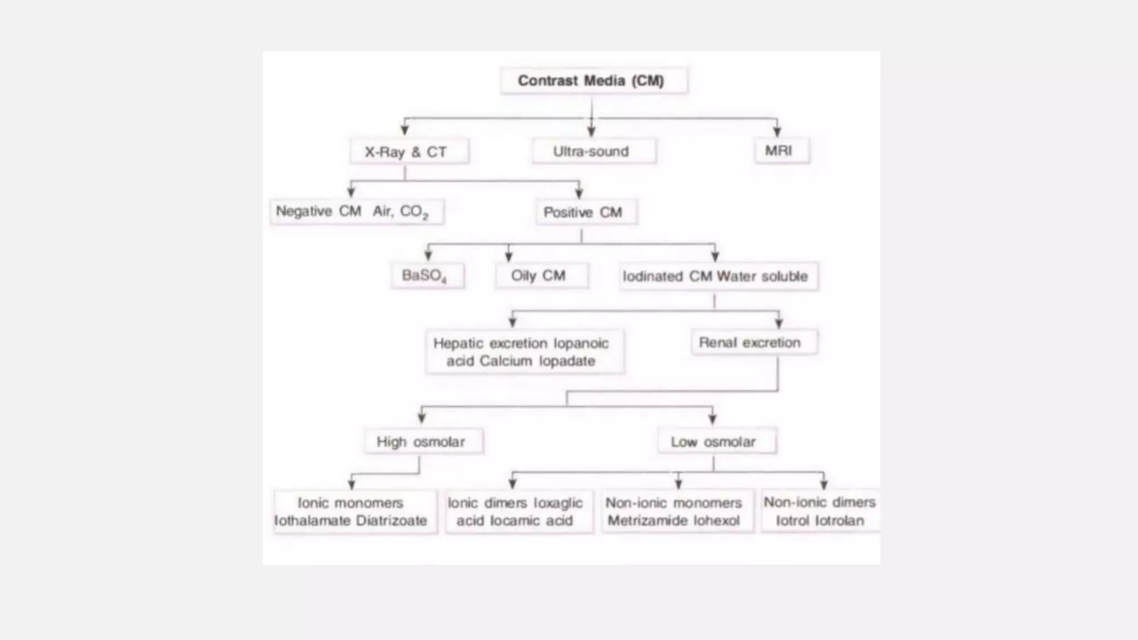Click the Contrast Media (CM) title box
[x=593, y=81]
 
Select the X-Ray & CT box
[x=409, y=151]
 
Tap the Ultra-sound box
[x=593, y=151]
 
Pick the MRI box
[x=781, y=151]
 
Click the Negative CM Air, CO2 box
[x=357, y=212]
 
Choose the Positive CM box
[x=586, y=212]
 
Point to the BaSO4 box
[x=427, y=276]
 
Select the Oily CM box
[x=541, y=276]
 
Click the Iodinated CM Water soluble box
[x=718, y=276]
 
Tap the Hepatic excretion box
[x=524, y=352]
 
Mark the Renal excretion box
[x=753, y=342]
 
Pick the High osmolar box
[x=423, y=442]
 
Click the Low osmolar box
[x=716, y=442]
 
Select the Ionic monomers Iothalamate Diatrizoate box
[x=355, y=512]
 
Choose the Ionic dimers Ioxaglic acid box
[x=518, y=512]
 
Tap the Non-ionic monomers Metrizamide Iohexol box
[x=677, y=512]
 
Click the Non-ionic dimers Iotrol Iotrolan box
[x=820, y=511]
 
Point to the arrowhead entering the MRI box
[x=777, y=132]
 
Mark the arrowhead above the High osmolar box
[x=422, y=418]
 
